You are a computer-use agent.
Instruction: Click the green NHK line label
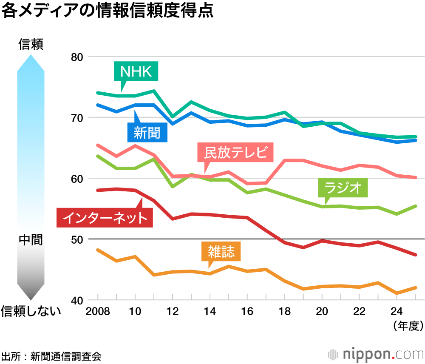(136, 71)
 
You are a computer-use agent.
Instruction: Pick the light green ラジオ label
(343, 188)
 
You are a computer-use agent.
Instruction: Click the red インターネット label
(105, 217)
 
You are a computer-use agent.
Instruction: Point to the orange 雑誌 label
(221, 252)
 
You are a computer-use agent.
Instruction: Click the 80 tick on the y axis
(76, 57)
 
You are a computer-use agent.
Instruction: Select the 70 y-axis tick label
(76, 118)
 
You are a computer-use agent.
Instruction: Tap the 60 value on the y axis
(76, 179)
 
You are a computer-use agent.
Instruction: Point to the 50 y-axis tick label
(76, 239)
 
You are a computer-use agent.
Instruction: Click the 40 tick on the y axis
(76, 300)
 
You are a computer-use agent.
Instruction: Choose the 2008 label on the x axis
(98, 312)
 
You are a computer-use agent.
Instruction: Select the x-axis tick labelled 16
(247, 312)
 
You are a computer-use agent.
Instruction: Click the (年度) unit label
(408, 326)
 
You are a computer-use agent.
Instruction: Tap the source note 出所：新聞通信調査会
(51, 355)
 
